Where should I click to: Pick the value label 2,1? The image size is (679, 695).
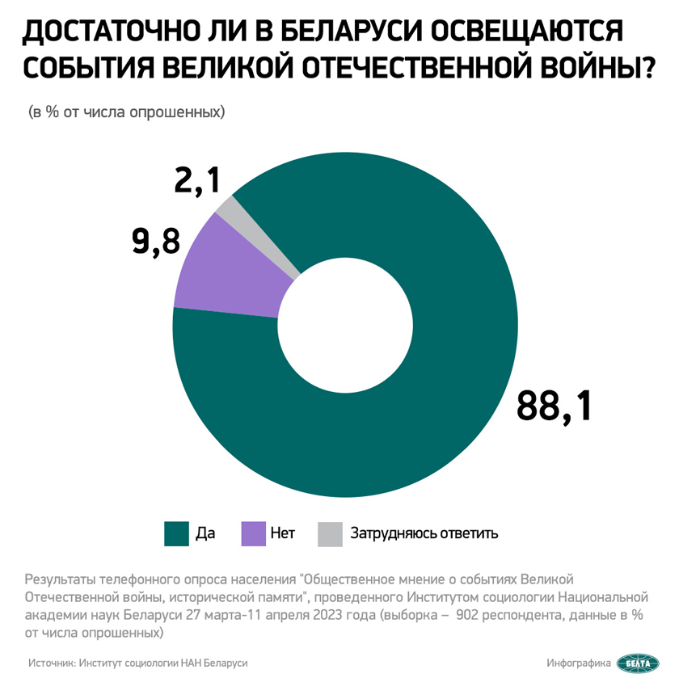tap(197, 179)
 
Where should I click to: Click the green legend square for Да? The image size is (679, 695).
tap(175, 533)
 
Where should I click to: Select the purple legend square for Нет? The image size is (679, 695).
tap(254, 533)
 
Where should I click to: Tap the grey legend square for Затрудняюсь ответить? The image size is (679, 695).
tap(330, 533)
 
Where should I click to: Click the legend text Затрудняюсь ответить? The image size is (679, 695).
tap(424, 533)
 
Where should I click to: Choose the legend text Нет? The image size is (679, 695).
tap(283, 533)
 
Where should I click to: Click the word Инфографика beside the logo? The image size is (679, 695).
tap(579, 663)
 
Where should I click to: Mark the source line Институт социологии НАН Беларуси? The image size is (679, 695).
tap(162, 663)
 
